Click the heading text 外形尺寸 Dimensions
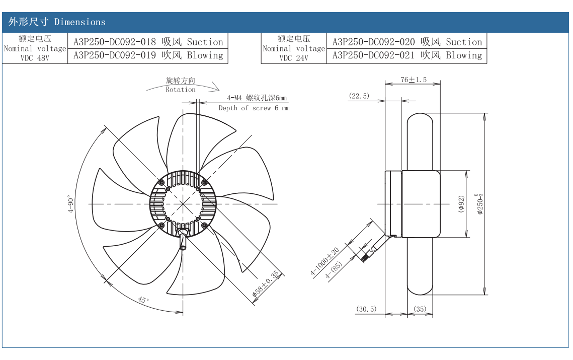pos(57,22)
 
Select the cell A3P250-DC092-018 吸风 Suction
pos(148,42)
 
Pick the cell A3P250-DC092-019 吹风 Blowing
pos(148,55)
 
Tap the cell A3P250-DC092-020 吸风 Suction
pos(407,42)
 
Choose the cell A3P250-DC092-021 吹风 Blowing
pos(407,55)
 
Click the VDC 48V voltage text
pos(35,57)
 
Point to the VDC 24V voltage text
pos(294,57)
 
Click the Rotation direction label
pos(181,90)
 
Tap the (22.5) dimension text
pos(359,96)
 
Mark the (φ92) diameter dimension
pos(461,204)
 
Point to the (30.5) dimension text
pos(366,309)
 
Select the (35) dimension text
pos(420,309)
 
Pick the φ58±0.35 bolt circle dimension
pos(265,284)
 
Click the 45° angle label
pos(143,300)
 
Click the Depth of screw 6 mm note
pos(254,108)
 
